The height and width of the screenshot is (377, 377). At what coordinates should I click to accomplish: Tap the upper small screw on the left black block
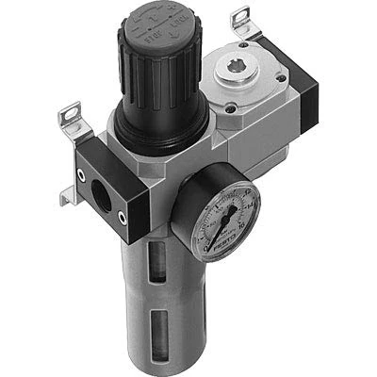coord(85,154)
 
